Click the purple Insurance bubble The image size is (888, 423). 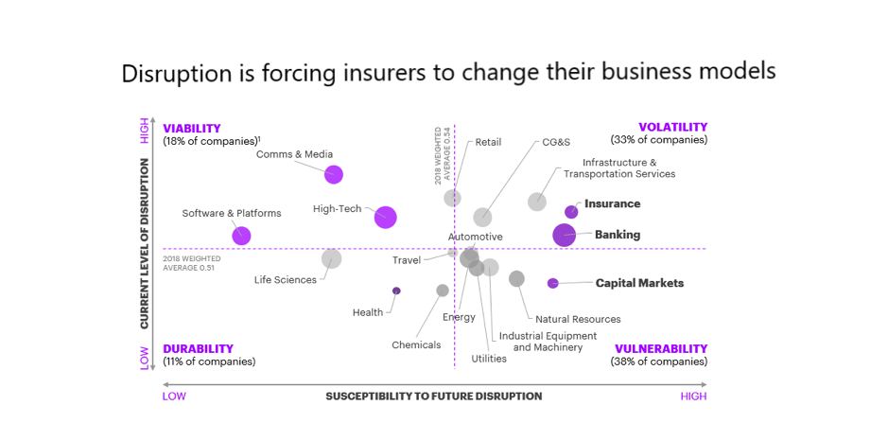571,212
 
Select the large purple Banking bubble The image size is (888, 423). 565,235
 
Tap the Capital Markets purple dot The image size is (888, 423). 553,283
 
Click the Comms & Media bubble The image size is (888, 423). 334,174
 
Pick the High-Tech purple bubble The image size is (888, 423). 385,217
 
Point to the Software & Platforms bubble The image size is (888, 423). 241,236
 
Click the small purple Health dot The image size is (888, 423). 396,291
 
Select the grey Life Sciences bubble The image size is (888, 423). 331,258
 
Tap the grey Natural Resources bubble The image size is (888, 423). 516,278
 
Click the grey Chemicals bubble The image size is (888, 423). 443,291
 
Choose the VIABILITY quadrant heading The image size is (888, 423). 192,128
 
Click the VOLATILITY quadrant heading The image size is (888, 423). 672,127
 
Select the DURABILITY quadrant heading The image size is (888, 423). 198,348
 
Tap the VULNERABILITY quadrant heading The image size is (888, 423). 661,348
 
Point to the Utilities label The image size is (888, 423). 489,359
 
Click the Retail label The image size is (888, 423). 488,142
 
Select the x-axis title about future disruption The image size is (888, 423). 434,396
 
